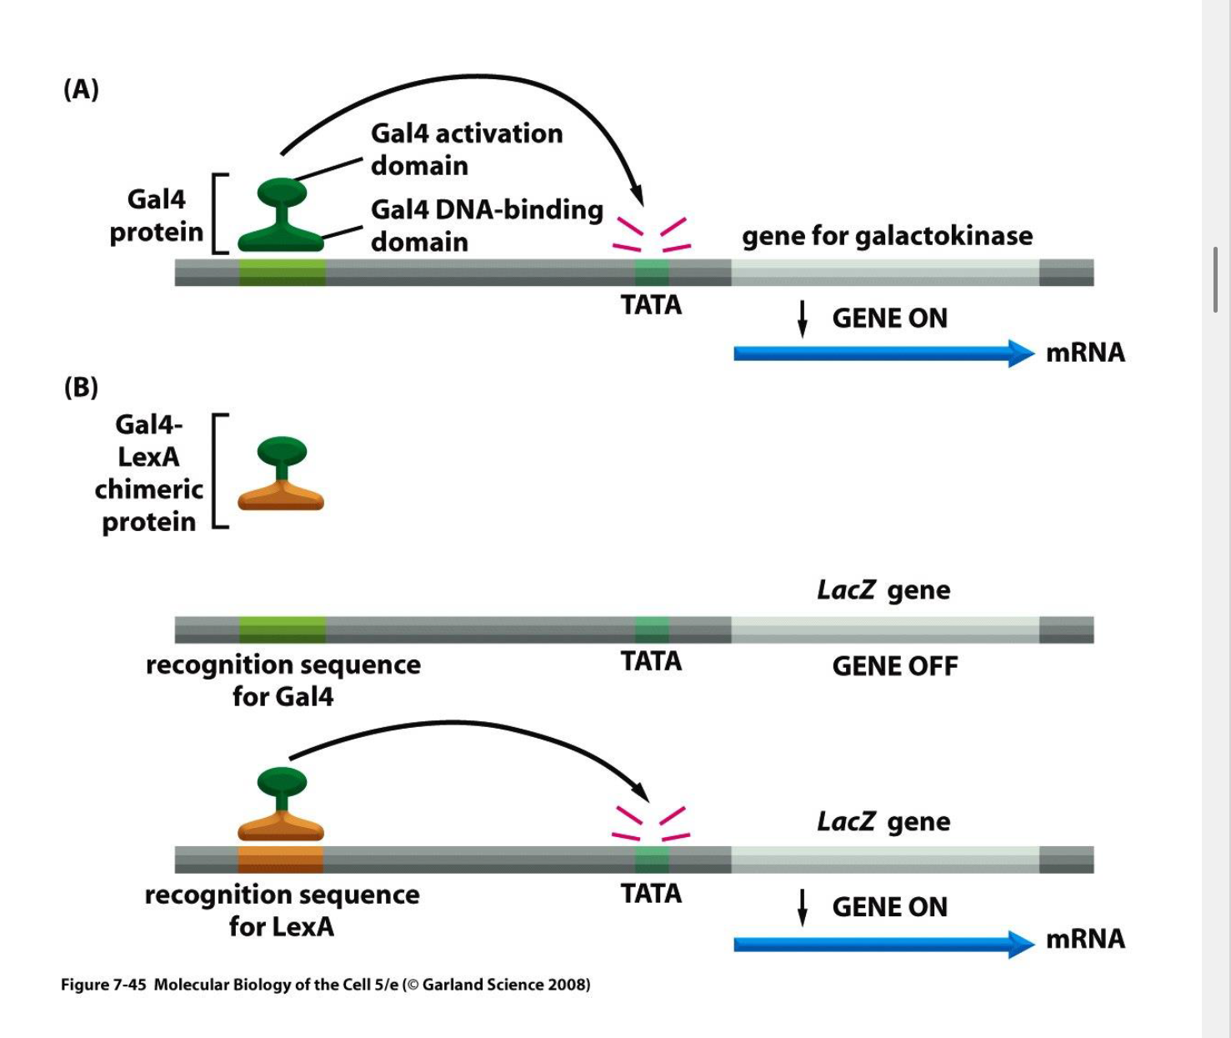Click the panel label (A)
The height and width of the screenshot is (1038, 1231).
(x=81, y=88)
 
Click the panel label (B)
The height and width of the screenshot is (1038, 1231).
(x=81, y=387)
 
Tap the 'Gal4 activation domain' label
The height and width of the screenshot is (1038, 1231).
(x=466, y=149)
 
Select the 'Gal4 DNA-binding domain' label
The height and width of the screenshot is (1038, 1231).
(x=487, y=225)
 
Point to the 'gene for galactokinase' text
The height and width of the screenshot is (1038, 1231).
(x=887, y=236)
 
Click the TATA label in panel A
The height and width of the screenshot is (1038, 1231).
(x=651, y=305)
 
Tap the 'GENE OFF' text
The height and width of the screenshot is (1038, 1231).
(x=894, y=666)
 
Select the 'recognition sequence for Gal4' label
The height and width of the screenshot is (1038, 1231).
(x=283, y=679)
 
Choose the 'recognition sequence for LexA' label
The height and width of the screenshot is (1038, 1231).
(x=282, y=910)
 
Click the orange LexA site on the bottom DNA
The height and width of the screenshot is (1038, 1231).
(x=281, y=860)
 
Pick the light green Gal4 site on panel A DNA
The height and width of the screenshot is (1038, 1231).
(x=282, y=273)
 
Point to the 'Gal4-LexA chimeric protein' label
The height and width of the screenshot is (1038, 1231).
(x=148, y=473)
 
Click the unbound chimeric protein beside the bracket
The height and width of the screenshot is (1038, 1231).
(x=282, y=473)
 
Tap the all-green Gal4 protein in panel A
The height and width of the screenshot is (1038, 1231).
(x=281, y=215)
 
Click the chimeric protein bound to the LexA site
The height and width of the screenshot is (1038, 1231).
(x=281, y=805)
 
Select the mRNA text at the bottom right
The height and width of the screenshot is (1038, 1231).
(x=1085, y=940)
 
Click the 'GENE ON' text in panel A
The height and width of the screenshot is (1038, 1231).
(x=889, y=318)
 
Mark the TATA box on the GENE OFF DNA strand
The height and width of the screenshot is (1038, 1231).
(x=651, y=629)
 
